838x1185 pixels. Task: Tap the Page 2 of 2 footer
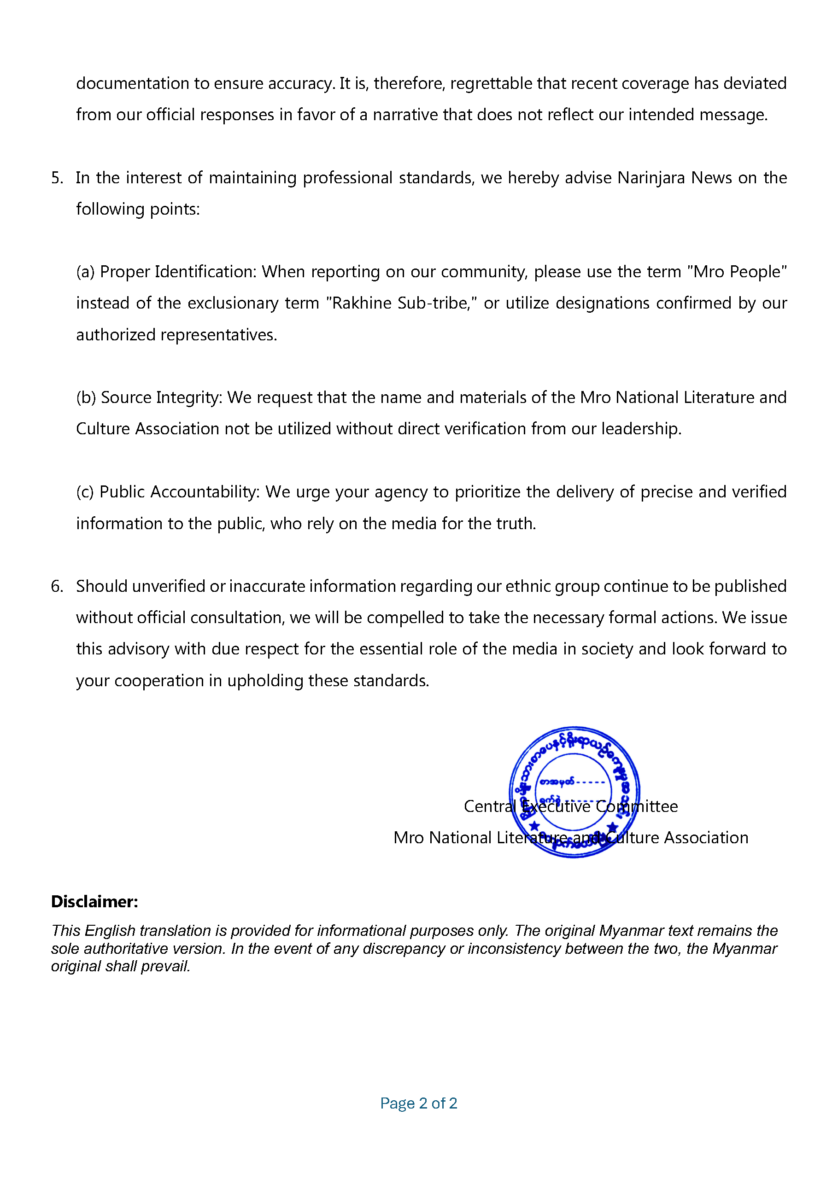pos(418,1103)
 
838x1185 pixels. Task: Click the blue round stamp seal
pos(574,792)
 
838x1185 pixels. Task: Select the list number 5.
pos(57,178)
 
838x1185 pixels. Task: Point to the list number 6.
pos(57,586)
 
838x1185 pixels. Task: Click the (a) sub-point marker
pos(85,272)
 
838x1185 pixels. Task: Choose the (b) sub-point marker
pos(86,397)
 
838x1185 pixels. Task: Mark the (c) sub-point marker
pos(85,492)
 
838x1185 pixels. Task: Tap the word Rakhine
pos(362,303)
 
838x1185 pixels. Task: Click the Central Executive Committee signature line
pos(570,806)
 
